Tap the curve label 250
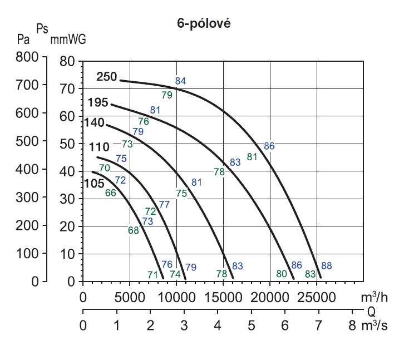(x=106, y=77)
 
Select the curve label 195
(x=97, y=102)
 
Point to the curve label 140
(x=94, y=122)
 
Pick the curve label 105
(x=94, y=183)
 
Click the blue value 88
(x=327, y=265)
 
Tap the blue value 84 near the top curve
(x=180, y=81)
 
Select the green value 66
(x=110, y=193)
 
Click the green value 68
(x=133, y=230)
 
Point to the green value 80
(x=282, y=273)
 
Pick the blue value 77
(x=164, y=204)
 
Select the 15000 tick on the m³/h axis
(x=223, y=297)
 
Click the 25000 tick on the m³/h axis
(x=316, y=297)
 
